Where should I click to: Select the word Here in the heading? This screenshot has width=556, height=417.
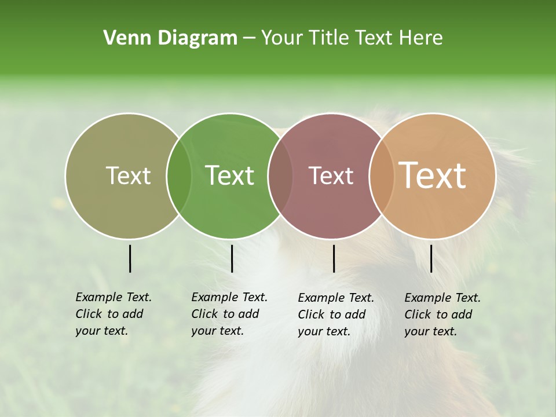tap(421, 38)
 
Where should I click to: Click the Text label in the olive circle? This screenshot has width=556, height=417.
tap(128, 175)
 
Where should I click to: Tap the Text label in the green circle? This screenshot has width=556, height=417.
tap(230, 175)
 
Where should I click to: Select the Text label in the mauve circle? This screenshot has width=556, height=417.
tap(331, 175)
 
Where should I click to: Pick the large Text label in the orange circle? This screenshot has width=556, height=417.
tap(433, 175)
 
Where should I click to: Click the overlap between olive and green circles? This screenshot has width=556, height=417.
tap(179, 175)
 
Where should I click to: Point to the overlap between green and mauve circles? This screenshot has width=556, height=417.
tap(280, 175)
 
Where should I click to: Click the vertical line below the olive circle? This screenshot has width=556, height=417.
tap(130, 258)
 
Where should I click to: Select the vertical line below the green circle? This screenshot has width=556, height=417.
tap(232, 258)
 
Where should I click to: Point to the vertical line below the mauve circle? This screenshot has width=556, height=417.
tap(334, 258)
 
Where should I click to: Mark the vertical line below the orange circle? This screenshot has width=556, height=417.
tap(431, 258)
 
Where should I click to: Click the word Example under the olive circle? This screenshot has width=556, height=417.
tap(99, 298)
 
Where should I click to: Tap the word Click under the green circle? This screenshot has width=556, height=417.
tap(204, 314)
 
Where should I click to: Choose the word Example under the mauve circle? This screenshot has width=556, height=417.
tap(321, 298)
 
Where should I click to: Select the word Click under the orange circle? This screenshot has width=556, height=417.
tap(418, 314)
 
